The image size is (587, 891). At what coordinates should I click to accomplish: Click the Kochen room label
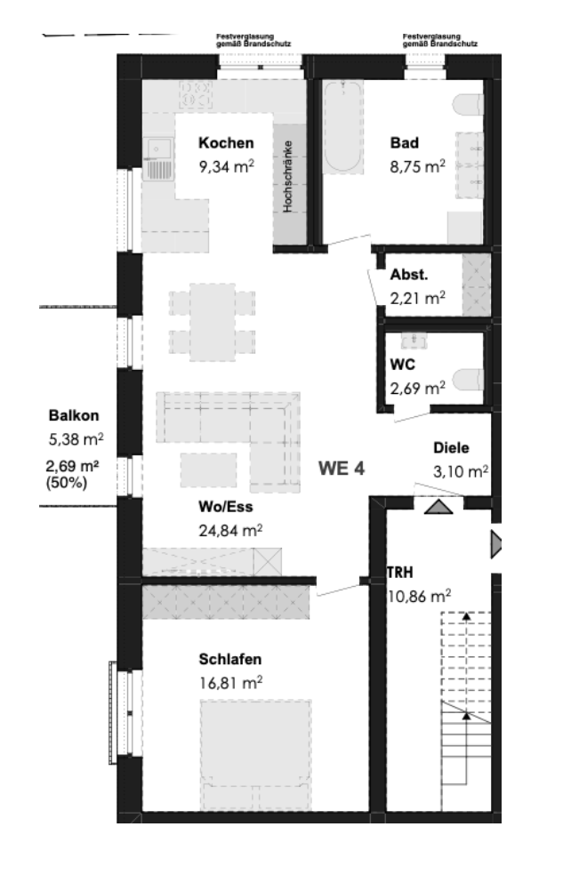point(226,142)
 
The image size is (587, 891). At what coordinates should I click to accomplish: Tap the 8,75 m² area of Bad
point(417,166)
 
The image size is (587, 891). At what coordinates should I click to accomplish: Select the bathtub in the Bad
point(342,127)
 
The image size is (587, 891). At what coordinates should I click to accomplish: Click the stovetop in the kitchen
point(196,94)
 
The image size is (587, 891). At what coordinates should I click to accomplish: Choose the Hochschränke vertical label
point(287,177)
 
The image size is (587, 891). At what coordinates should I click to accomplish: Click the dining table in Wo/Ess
point(212,322)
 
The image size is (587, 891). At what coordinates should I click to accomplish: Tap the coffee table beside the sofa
point(209,470)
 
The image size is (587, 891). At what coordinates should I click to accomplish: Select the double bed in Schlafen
point(256,755)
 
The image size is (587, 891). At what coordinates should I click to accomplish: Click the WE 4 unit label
point(341,469)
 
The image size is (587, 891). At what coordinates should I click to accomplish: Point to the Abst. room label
point(408,275)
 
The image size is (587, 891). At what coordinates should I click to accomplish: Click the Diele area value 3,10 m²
point(461,471)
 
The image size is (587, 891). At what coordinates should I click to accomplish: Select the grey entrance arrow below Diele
point(438,506)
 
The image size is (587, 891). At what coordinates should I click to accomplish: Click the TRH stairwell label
point(400,573)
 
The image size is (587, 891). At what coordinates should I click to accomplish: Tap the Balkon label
point(74,415)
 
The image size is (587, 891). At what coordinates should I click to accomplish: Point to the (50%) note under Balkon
point(67,484)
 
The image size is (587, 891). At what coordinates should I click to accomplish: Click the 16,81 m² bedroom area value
point(230,682)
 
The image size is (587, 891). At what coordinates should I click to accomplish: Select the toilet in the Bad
point(469,105)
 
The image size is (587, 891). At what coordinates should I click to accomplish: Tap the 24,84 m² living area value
point(230,530)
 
